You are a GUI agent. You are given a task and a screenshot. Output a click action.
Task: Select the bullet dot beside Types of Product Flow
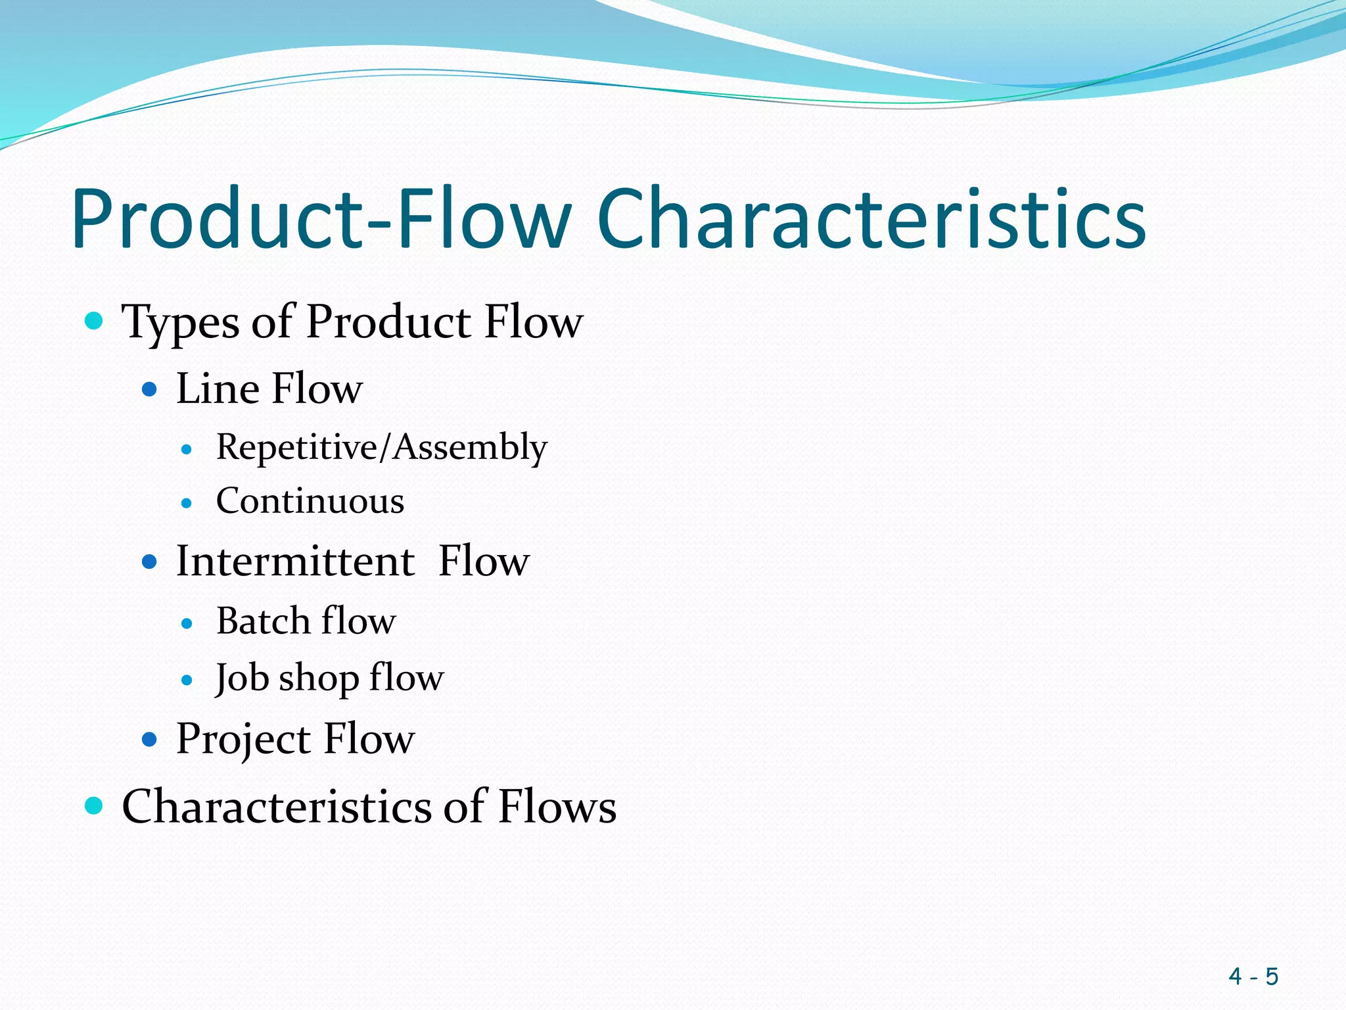(95, 321)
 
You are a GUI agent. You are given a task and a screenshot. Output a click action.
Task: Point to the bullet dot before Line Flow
(150, 389)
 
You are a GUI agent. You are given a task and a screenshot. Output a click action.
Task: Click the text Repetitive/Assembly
(381, 448)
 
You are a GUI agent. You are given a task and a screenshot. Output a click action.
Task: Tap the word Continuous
(310, 502)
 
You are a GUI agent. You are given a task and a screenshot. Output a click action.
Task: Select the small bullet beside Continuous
(187, 504)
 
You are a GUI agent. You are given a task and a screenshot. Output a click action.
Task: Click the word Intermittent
(295, 562)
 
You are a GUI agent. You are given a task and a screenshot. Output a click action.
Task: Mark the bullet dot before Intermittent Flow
(150, 562)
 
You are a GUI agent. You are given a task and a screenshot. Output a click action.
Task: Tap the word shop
(319, 679)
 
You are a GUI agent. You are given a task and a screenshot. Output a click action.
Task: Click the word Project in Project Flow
(243, 740)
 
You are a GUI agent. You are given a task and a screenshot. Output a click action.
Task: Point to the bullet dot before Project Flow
(150, 740)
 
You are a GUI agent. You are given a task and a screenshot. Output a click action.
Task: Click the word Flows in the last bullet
(557, 807)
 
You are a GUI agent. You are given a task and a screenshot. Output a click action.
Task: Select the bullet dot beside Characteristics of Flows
(95, 806)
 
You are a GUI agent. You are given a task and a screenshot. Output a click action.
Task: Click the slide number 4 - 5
(1253, 976)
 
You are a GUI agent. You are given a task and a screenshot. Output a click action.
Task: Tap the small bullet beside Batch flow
(187, 623)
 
